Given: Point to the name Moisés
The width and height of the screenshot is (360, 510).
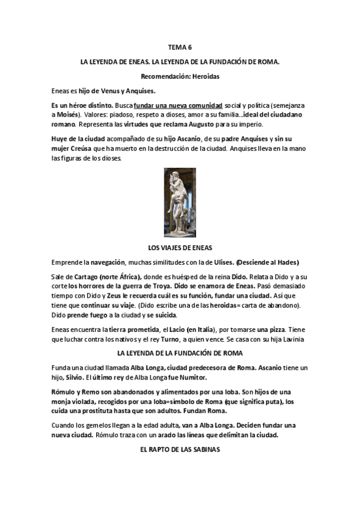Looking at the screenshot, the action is [69, 114].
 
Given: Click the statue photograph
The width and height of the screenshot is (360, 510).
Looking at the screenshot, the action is [180, 202].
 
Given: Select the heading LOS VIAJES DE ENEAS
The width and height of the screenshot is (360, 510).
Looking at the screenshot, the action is [180, 247].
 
